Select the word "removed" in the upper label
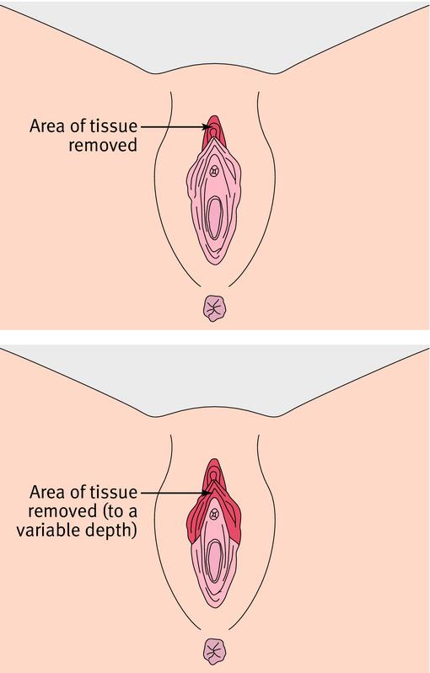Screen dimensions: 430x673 point(103,145)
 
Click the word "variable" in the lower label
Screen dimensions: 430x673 point(44,530)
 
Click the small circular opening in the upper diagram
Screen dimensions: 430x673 point(214,172)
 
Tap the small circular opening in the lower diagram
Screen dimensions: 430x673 point(214,515)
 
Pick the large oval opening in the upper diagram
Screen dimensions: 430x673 point(214,217)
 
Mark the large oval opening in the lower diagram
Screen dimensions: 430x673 point(214,560)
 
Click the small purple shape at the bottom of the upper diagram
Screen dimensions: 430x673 point(214,308)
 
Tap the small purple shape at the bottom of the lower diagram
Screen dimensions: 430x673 point(214,651)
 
